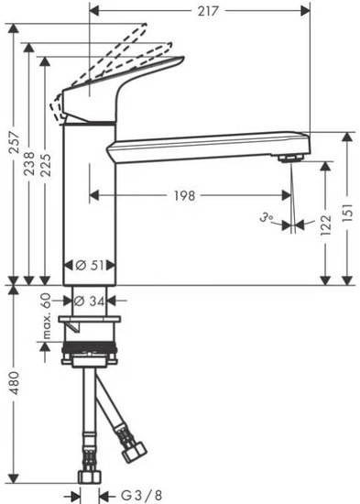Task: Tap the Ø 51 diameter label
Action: pos(88,266)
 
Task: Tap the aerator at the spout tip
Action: pos(291,159)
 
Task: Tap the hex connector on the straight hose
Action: pos(89,476)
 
